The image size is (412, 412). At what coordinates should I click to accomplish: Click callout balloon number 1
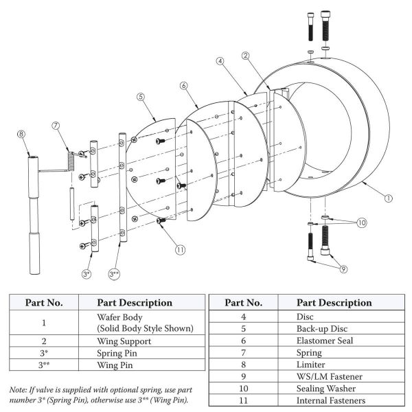point(388,198)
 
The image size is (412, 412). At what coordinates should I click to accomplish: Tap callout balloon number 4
point(220,60)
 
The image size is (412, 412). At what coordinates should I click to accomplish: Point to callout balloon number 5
point(140,98)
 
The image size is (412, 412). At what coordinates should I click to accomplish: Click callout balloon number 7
point(56,125)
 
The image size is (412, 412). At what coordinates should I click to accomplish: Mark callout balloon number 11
point(180,250)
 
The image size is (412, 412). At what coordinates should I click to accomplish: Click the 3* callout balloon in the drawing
point(86,274)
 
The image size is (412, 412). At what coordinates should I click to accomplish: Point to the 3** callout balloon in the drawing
point(115,274)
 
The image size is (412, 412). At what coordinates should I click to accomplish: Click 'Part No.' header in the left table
point(44,302)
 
